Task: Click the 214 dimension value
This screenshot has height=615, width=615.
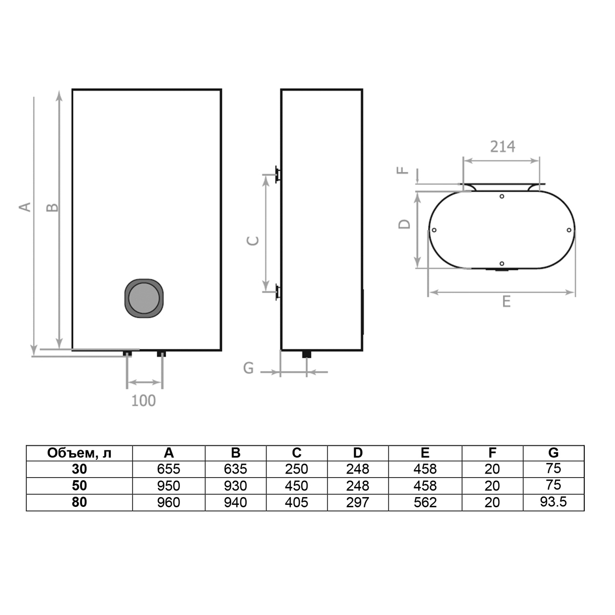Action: [502, 147]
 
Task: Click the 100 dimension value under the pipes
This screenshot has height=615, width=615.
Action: [143, 401]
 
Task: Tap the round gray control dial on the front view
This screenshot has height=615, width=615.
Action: [144, 298]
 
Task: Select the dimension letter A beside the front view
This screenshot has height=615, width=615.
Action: [25, 207]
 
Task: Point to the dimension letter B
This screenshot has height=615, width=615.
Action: [52, 208]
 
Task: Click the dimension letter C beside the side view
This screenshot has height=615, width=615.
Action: [253, 241]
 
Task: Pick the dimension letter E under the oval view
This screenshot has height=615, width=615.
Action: [506, 301]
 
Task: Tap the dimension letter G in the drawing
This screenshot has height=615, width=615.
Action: [248, 368]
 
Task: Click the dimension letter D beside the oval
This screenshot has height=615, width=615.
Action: [404, 224]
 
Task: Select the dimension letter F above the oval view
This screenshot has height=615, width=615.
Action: [402, 170]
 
